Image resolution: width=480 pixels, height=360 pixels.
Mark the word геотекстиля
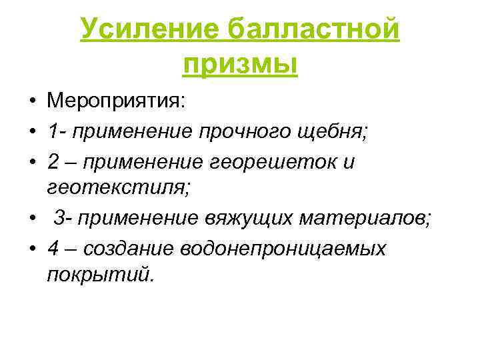coord(119,189)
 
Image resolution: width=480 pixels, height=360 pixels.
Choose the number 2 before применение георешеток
coord(53,161)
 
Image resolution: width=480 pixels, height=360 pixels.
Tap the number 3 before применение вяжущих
coord(59,218)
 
